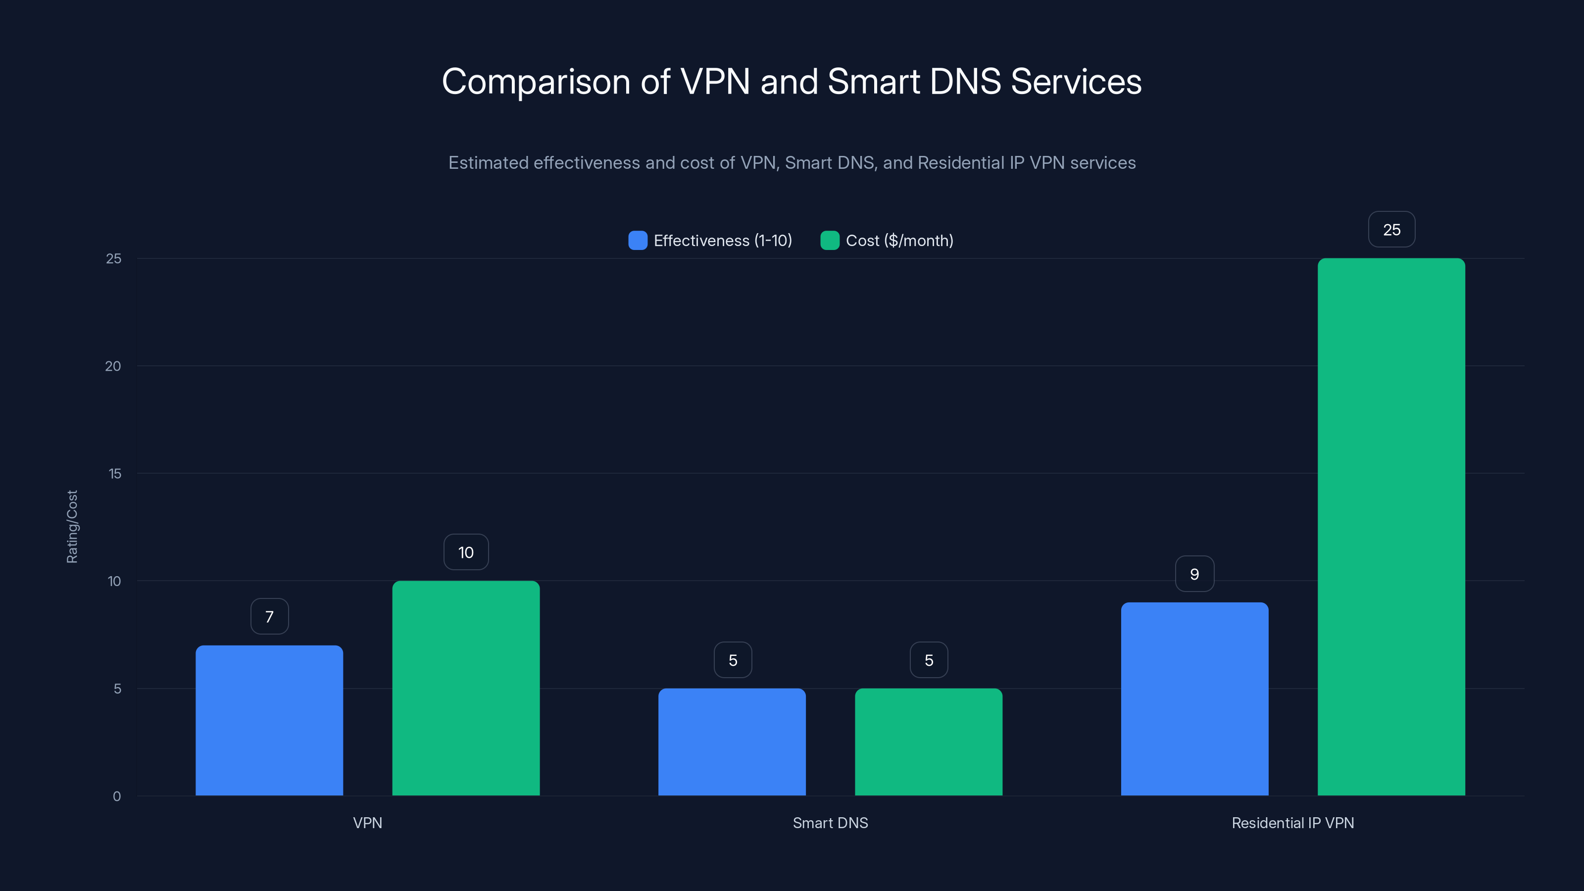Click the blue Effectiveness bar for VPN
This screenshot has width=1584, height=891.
[269, 720]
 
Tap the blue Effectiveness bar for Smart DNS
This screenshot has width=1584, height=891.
[732, 742]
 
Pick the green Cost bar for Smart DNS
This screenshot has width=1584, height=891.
[929, 742]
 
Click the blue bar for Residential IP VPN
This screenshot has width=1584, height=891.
[1194, 698]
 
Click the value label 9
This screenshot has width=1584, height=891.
[1194, 574]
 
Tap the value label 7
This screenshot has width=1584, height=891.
[269, 616]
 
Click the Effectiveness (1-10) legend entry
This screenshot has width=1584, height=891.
[710, 241]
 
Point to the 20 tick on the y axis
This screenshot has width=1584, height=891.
[113, 366]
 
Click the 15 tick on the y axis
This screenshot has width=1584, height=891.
[114, 474]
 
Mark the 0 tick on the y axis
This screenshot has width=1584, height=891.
[117, 796]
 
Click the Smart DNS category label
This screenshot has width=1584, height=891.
[830, 823]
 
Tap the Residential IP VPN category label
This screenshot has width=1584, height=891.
[1292, 823]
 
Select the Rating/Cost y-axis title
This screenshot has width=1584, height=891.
[72, 526]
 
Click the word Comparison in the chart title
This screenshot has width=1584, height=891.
[536, 82]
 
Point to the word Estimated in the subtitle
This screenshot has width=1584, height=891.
[488, 163]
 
